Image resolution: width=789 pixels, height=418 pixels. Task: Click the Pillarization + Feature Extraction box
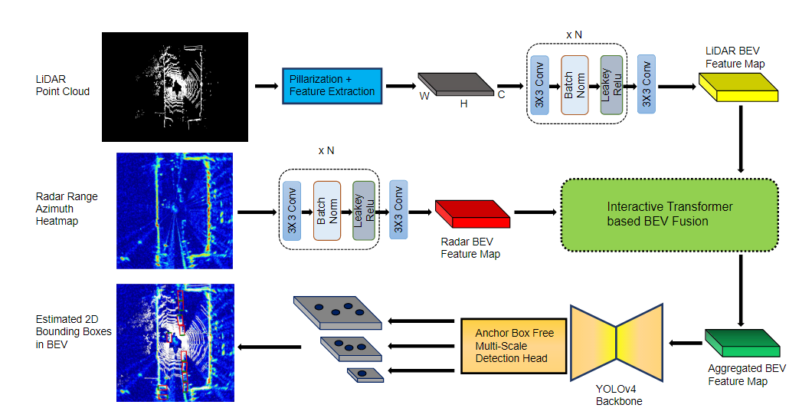pyautogui.click(x=332, y=85)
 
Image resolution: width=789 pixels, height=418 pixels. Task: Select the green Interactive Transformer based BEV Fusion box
pyautogui.click(x=670, y=214)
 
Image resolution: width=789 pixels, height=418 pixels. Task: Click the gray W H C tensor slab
pyautogui.click(x=456, y=84)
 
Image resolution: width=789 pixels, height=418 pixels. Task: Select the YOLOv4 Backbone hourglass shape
pyautogui.click(x=617, y=342)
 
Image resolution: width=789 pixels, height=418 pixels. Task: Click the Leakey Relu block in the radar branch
pyautogui.click(x=363, y=211)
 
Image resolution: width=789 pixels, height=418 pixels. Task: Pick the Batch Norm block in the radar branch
pyautogui.click(x=326, y=211)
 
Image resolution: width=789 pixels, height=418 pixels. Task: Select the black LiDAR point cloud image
pyautogui.click(x=175, y=87)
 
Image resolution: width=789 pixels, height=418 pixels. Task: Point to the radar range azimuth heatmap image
pyautogui.click(x=175, y=210)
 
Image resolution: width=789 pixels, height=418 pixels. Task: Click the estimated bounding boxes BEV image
pyautogui.click(x=175, y=343)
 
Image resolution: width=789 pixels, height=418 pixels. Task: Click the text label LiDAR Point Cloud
pyautogui.click(x=62, y=85)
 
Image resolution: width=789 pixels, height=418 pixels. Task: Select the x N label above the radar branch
pyautogui.click(x=326, y=150)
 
